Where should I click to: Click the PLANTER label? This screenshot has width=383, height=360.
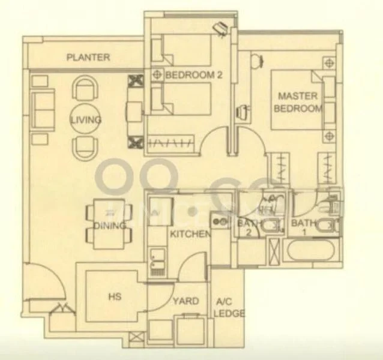(x=88, y=58)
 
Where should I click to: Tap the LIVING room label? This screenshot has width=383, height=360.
(x=85, y=120)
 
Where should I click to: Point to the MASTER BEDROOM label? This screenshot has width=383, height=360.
(x=298, y=102)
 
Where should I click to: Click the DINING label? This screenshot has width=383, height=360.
(x=109, y=226)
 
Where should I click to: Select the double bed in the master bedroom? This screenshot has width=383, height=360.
(x=294, y=101)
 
